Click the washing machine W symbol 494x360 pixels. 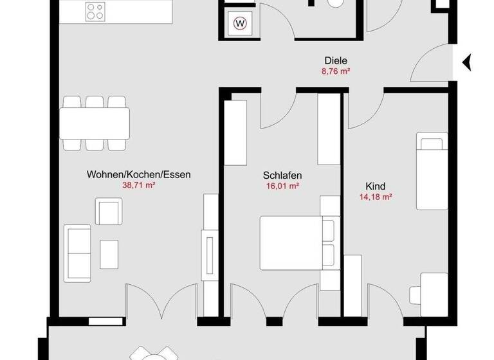[241, 24]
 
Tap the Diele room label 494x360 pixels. [335, 62]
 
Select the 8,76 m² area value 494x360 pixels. [335, 73]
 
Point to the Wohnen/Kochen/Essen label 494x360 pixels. [139, 174]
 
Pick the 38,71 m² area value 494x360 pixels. [139, 185]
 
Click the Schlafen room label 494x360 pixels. [282, 175]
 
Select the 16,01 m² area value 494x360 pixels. [282, 186]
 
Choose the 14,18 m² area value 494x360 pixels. [376, 197]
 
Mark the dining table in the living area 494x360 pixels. [95, 123]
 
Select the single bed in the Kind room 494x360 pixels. [431, 171]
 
